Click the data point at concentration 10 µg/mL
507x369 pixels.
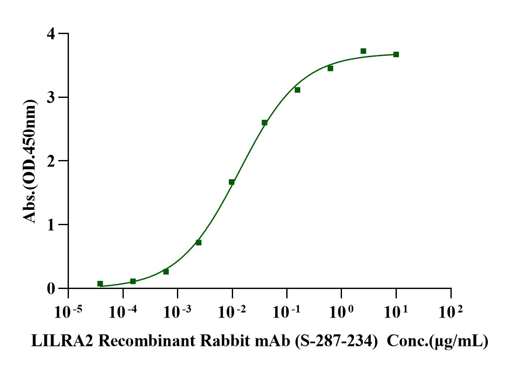pos(396,54)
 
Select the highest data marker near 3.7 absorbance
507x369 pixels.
pos(363,51)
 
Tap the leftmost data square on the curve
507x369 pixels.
pos(100,284)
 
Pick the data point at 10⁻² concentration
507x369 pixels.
pos(231,182)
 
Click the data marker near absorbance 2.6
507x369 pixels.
pos(265,123)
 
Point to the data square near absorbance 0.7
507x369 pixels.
pos(199,243)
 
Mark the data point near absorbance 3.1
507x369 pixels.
pos(297,90)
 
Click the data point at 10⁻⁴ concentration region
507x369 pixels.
pos(133,281)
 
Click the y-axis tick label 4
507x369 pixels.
pos(51,34)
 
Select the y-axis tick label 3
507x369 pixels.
pos(51,97)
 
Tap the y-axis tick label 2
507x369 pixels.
pos(51,161)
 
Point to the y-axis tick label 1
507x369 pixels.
pos(51,225)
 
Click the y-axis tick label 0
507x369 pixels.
pos(51,289)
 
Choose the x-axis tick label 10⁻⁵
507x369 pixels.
pos(68,312)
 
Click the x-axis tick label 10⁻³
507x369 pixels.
pos(177,312)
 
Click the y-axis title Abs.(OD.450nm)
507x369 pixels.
pos(30,161)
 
